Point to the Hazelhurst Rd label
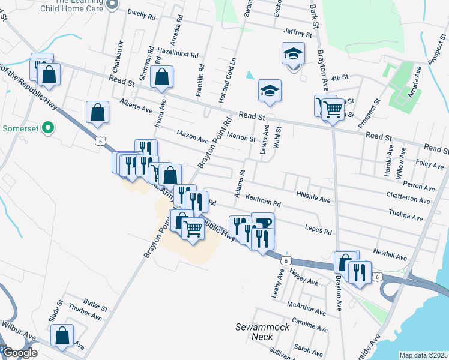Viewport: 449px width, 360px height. [x=178, y=53]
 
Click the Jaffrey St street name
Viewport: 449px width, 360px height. [x=298, y=35]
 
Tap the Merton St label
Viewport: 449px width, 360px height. [x=242, y=137]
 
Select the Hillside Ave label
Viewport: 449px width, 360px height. [x=313, y=198]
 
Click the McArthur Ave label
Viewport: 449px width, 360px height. [x=306, y=308]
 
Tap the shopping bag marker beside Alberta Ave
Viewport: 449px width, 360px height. [x=97, y=112]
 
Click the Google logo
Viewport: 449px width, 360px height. [x=20, y=353]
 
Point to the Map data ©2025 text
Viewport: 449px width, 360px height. [x=423, y=355]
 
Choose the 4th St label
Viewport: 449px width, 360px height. [x=339, y=77]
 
